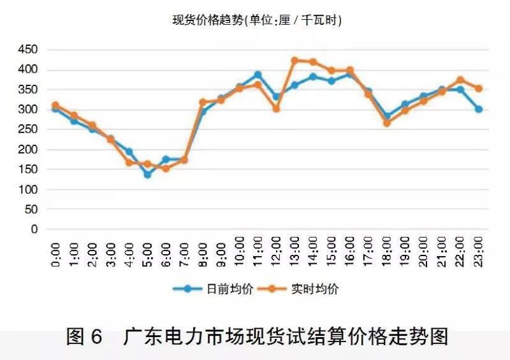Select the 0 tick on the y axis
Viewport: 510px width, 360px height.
tap(35, 229)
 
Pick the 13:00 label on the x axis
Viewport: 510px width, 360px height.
tap(295, 251)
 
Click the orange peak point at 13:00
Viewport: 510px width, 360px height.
tap(295, 61)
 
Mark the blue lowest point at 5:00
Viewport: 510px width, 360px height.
tap(147, 174)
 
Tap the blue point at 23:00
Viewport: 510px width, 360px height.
tap(479, 109)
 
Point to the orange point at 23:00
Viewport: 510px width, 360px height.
tap(479, 89)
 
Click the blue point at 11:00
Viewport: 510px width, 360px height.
tap(258, 75)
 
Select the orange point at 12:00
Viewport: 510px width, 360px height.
tap(276, 109)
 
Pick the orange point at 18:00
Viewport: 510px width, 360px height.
tap(387, 123)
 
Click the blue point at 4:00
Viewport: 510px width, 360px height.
tap(129, 152)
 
